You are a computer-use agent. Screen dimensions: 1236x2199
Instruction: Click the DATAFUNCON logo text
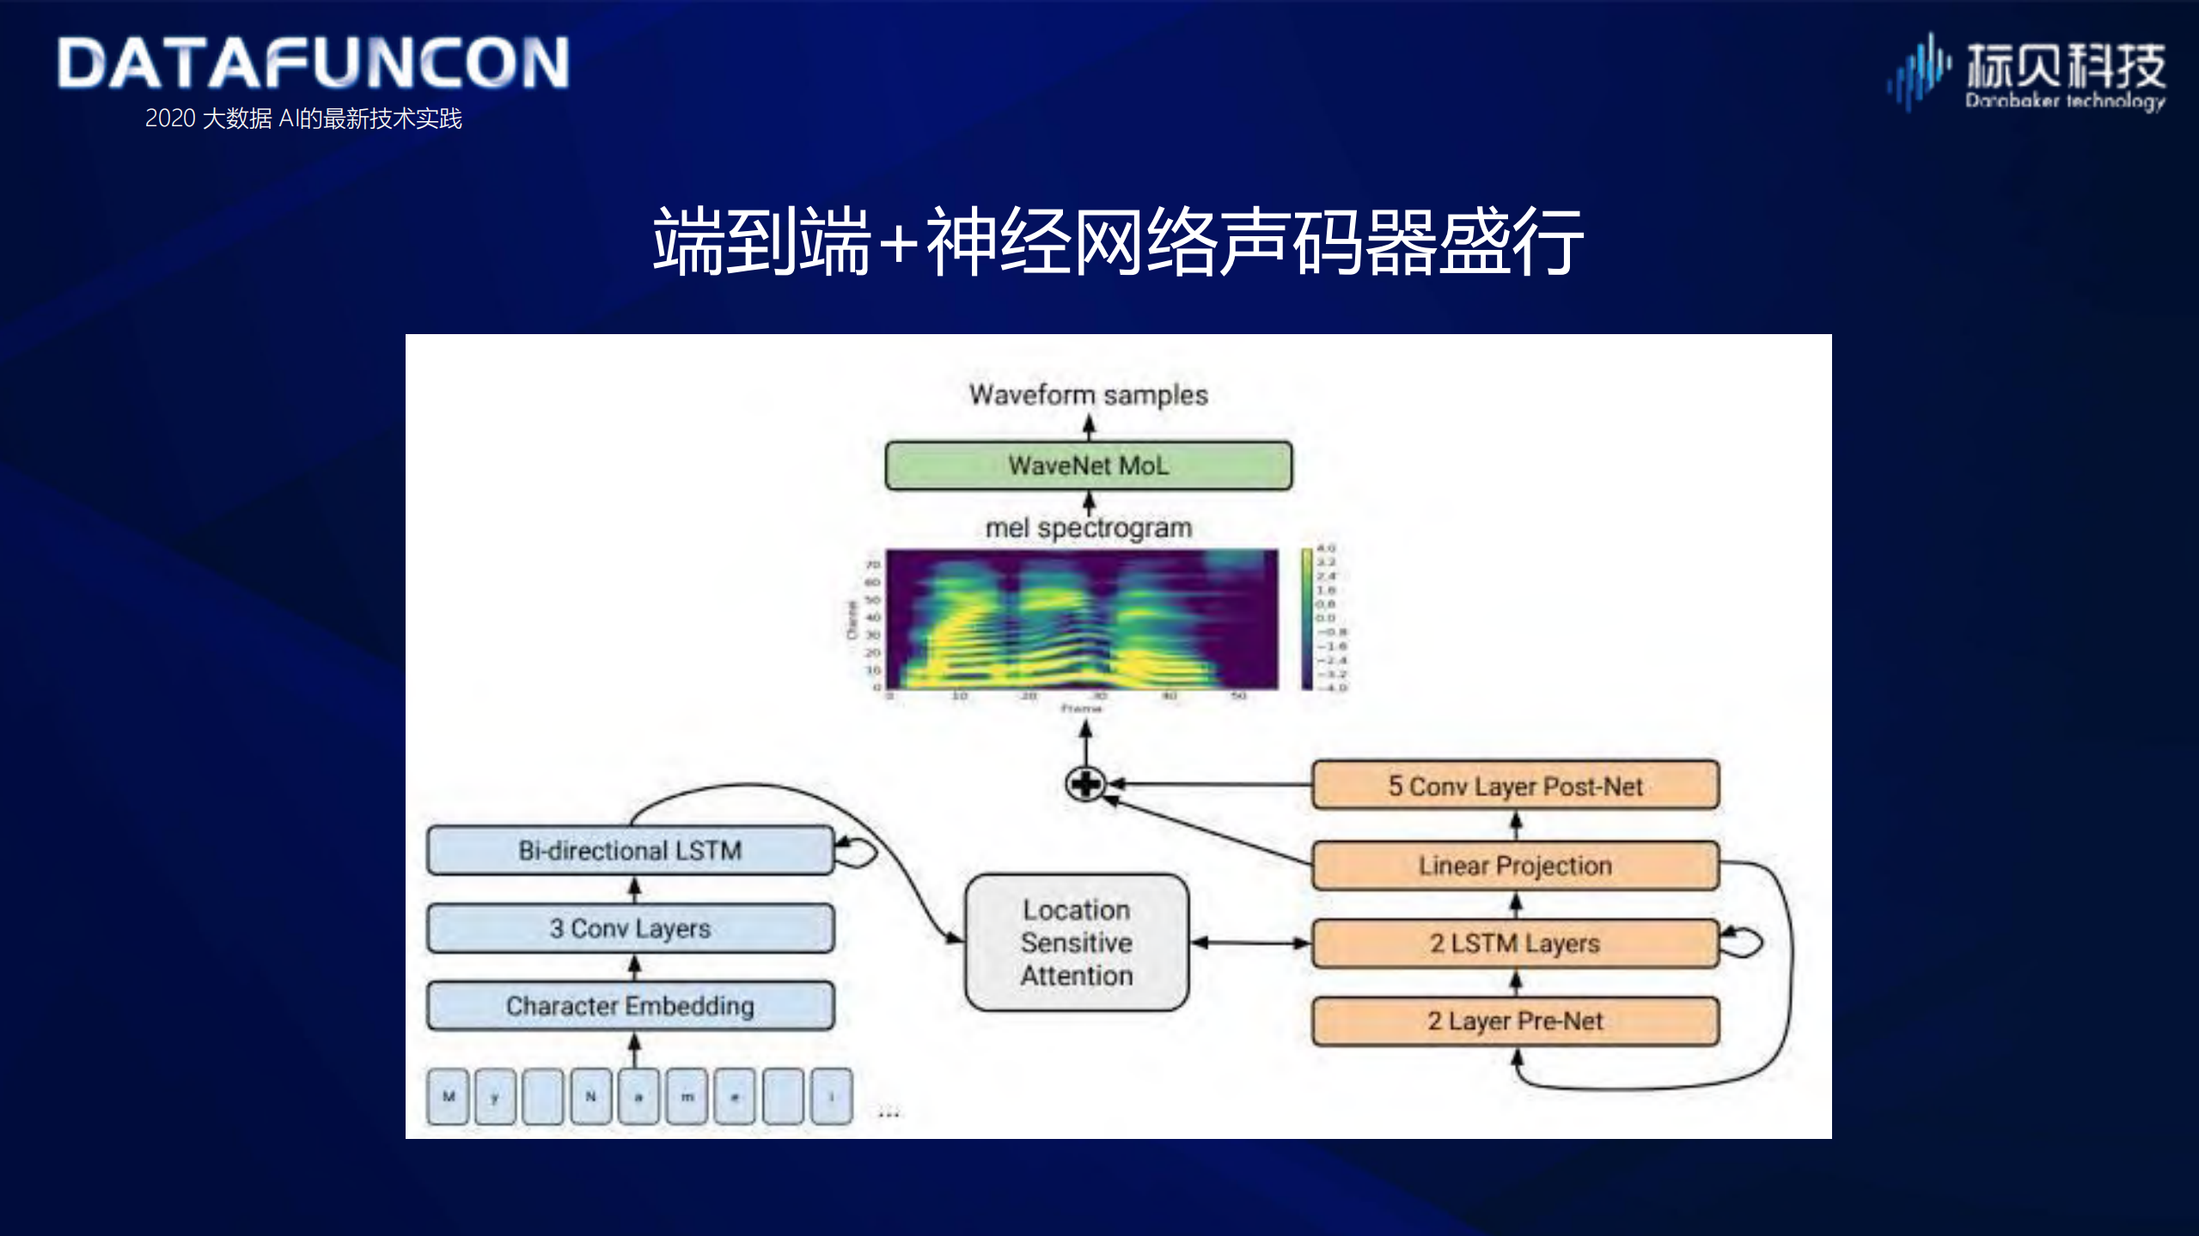pyautogui.click(x=314, y=64)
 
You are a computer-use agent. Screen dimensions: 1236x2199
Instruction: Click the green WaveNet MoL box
pyautogui.click(x=1088, y=466)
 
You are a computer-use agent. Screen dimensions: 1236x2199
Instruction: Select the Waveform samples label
pyautogui.click(x=1088, y=395)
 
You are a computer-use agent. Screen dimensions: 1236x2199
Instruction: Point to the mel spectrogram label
pyautogui.click(x=1088, y=527)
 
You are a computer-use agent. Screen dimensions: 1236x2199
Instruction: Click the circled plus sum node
pyautogui.click(x=1085, y=783)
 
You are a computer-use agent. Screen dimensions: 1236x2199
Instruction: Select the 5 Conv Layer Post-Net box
pyautogui.click(x=1515, y=785)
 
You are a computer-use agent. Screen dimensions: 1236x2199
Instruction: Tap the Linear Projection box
pyautogui.click(x=1515, y=865)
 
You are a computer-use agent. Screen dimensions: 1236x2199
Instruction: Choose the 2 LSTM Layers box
pyautogui.click(x=1515, y=943)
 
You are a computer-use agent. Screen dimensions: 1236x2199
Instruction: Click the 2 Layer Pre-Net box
pyautogui.click(x=1515, y=1021)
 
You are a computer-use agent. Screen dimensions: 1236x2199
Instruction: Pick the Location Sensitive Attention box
pyautogui.click(x=1077, y=942)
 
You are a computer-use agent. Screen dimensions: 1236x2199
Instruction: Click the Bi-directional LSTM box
pyautogui.click(x=630, y=850)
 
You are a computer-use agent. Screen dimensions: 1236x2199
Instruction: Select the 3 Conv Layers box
pyautogui.click(x=630, y=929)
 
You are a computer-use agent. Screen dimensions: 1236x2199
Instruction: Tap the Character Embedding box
pyautogui.click(x=630, y=1006)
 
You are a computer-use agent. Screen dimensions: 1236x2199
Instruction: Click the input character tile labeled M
pyautogui.click(x=449, y=1096)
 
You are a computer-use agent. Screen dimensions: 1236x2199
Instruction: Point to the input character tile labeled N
pyautogui.click(x=591, y=1096)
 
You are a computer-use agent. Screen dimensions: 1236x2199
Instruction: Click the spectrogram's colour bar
pyautogui.click(x=1307, y=618)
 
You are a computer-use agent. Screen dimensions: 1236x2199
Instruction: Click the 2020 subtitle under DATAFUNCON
pyautogui.click(x=303, y=119)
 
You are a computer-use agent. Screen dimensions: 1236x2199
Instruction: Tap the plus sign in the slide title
pyautogui.click(x=899, y=243)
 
